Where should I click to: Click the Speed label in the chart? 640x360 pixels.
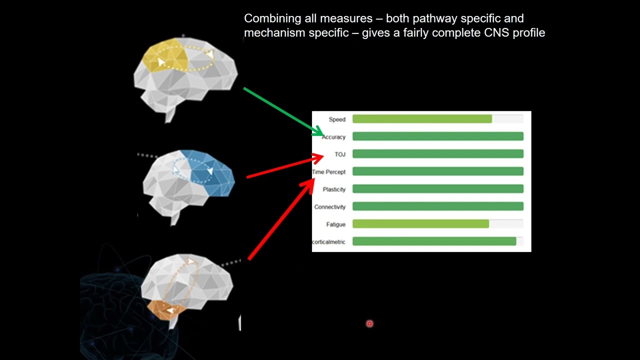(x=336, y=119)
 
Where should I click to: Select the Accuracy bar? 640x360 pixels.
(x=437, y=136)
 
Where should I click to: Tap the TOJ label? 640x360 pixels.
(x=340, y=154)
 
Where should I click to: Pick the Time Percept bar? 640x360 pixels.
(x=437, y=171)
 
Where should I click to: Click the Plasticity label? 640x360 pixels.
(x=334, y=189)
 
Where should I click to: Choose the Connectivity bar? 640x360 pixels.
(x=437, y=206)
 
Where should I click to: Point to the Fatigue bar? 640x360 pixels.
(x=420, y=224)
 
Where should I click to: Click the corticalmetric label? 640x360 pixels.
(x=328, y=242)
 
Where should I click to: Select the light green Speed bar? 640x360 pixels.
(x=422, y=119)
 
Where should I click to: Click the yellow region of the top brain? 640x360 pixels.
(x=165, y=55)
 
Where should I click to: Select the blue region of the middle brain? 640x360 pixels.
(x=210, y=172)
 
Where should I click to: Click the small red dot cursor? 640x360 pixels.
(x=369, y=324)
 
